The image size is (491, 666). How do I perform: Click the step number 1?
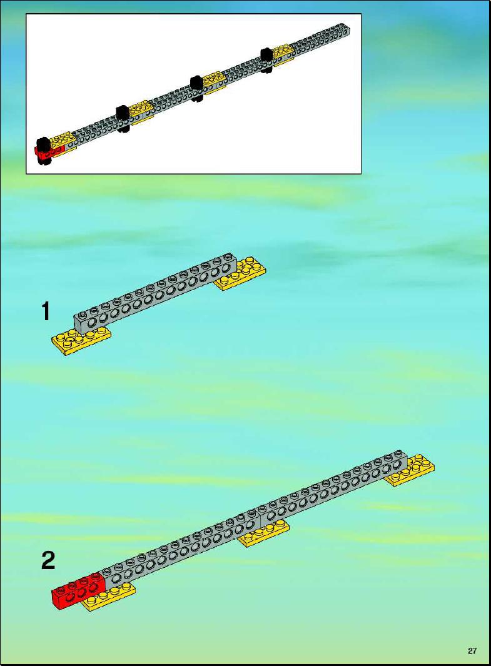[x=46, y=311]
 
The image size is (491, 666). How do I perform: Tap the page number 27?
[x=472, y=651]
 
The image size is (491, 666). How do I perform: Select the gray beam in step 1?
[x=156, y=293]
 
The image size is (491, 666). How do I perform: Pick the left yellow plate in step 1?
[x=81, y=341]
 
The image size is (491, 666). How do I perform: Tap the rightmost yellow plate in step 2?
[x=411, y=471]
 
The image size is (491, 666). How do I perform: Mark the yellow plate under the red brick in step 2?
[x=109, y=597]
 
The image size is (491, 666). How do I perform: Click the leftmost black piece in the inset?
[x=43, y=150]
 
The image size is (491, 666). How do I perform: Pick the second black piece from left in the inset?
[x=123, y=118]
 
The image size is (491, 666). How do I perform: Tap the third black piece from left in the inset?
[x=196, y=88]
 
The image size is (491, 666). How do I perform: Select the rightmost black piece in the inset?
[x=266, y=60]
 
